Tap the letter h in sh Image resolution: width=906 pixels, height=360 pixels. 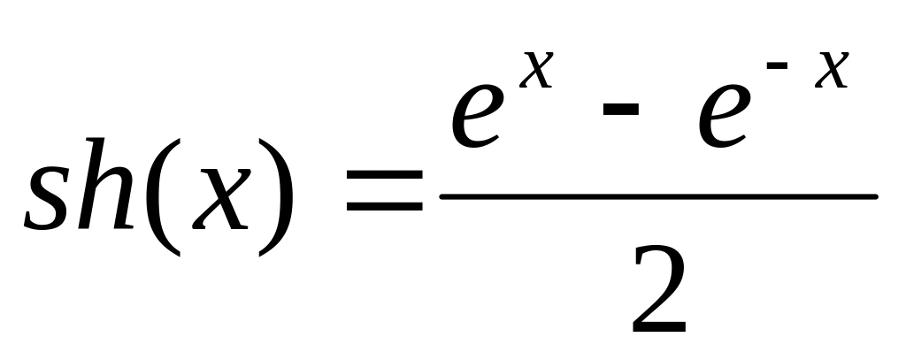click(106, 183)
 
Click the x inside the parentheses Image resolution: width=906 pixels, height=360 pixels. click(221, 199)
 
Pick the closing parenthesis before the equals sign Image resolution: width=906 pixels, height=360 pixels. click(276, 196)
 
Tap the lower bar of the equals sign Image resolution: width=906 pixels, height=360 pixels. click(384, 206)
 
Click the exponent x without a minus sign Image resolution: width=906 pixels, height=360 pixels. click(536, 69)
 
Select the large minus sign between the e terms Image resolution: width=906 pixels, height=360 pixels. click(621, 109)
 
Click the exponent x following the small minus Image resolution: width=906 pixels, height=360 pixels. click(832, 69)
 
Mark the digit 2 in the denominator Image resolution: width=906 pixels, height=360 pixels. click(658, 289)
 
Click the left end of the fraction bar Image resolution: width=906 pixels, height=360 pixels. click(441, 197)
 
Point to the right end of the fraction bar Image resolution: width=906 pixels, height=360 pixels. click(877, 197)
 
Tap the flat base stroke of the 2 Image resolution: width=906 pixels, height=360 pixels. click(659, 327)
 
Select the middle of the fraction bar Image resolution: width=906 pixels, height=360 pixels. click(658, 197)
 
